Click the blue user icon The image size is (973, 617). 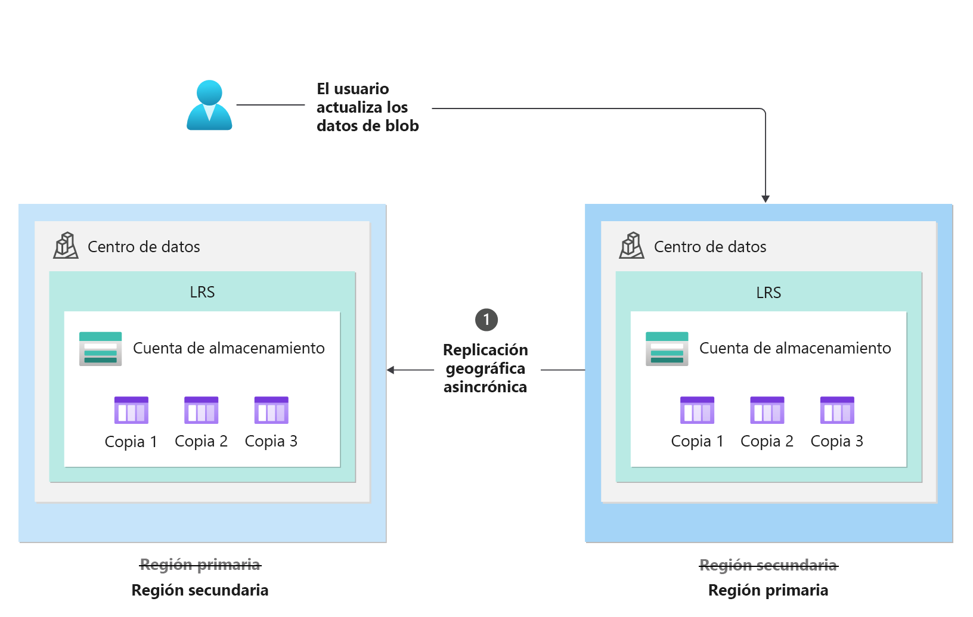pos(209,106)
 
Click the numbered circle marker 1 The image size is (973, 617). pos(486,320)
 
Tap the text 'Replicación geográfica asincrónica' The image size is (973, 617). pos(485,368)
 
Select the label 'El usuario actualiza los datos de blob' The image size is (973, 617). pos(367,107)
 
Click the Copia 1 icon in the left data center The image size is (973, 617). pos(131,410)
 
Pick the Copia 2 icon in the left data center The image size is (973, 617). pos(201,410)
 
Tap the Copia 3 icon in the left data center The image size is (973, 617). pos(271,410)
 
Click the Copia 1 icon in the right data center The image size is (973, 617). pos(697,410)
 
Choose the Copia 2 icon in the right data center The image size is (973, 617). pos(767,410)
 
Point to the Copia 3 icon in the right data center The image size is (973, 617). pos(837,410)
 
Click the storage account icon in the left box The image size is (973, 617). pos(100,349)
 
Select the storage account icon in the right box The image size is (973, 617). pos(667,349)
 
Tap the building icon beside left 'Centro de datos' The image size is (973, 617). pos(66,246)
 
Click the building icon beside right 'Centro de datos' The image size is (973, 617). pos(631,246)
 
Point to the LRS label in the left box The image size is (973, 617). pos(202,292)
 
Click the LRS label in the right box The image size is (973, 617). pos(769,293)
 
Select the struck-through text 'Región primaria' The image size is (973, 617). pos(200,565)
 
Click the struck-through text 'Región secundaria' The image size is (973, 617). pos(768,565)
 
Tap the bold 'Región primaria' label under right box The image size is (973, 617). pos(768,590)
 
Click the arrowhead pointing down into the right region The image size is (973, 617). pos(766,199)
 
